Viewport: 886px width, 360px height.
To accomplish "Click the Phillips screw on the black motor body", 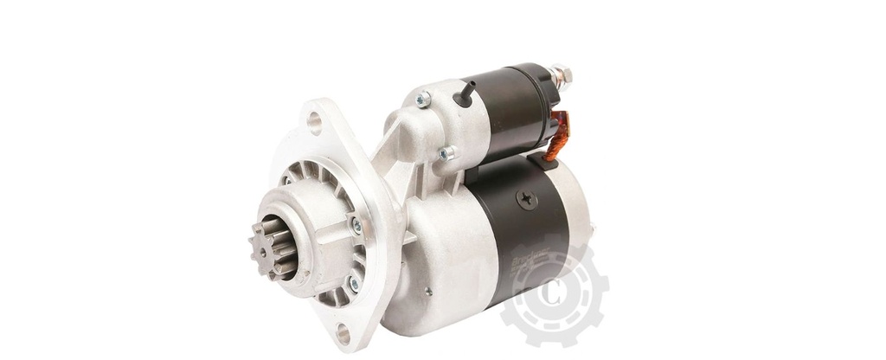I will point(526,199).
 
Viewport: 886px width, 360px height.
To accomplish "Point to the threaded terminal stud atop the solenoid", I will point(560,76).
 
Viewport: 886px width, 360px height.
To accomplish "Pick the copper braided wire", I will point(557,137).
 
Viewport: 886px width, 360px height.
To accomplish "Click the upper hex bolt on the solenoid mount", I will point(423,100).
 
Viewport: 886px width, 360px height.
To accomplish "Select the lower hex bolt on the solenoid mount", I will point(446,154).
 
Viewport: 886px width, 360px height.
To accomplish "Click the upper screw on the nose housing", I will point(356,226).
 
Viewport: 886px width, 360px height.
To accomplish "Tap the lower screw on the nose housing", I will point(352,284).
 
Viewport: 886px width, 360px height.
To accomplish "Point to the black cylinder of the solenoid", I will point(510,108).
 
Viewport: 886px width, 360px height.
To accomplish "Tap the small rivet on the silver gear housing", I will point(427,292).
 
